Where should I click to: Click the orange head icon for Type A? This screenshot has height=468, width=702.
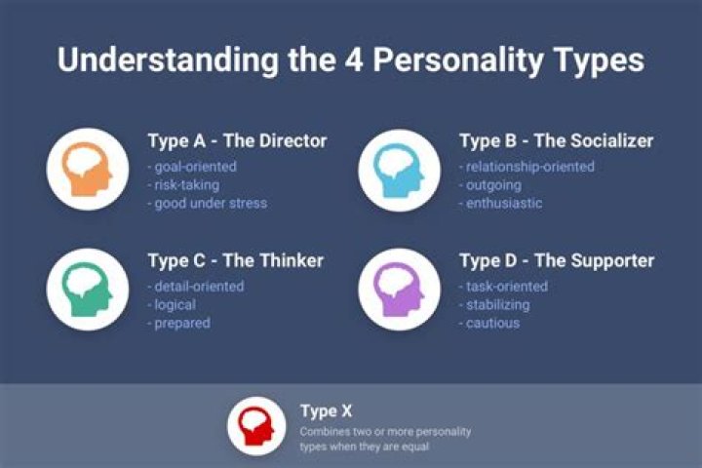pos(87,170)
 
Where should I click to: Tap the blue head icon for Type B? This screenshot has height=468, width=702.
pos(399,170)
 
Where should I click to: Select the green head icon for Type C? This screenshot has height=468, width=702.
pos(87,289)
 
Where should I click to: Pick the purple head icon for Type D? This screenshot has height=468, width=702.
pos(399,289)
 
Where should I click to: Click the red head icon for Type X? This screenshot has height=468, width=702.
pos(256,427)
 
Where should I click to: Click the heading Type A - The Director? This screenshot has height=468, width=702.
pos(237,140)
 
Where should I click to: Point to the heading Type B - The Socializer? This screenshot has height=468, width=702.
pos(556,140)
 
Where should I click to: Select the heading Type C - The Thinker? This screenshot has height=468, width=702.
pos(235,260)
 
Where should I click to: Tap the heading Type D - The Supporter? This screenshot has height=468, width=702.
pos(556,260)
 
